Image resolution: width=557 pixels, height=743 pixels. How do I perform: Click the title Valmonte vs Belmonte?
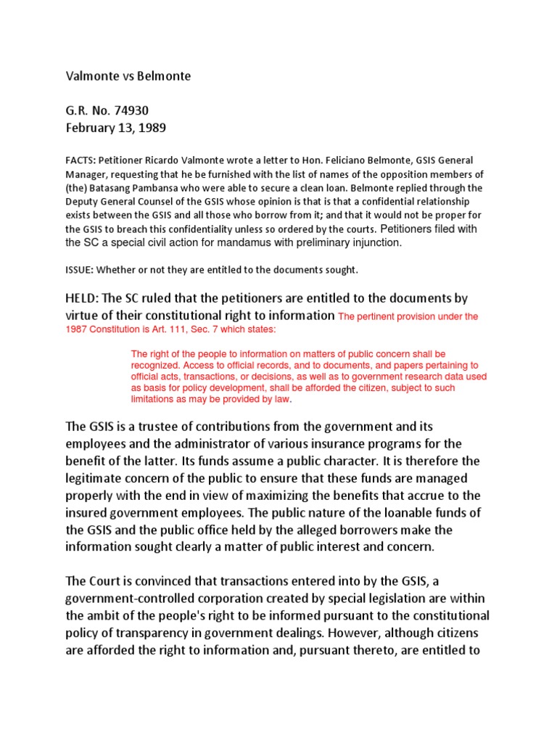pyautogui.click(x=128, y=76)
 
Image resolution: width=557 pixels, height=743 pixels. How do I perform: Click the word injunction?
pyautogui.click(x=371, y=243)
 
